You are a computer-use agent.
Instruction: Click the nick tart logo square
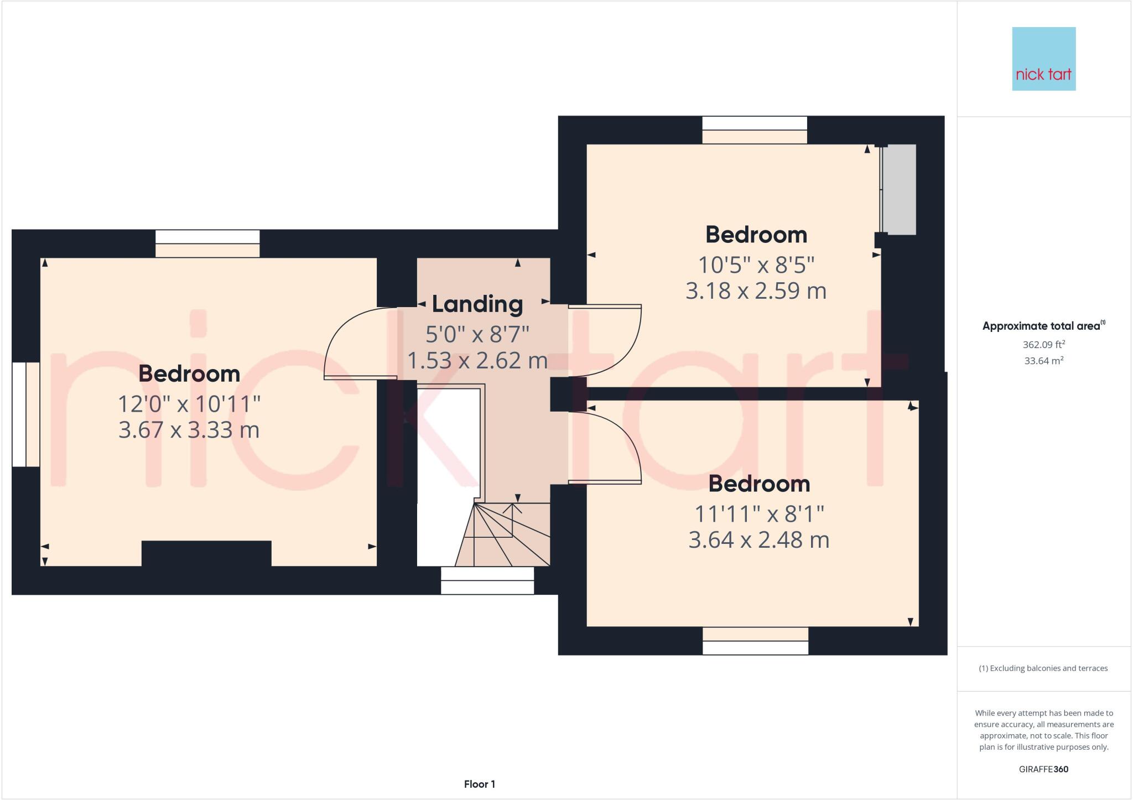pos(1043,59)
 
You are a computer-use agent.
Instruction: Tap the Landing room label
pos(477,304)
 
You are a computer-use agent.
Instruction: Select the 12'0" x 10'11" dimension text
pos(189,404)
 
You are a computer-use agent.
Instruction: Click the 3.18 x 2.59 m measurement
pos(756,291)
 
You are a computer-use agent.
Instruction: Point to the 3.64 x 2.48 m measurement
pos(758,540)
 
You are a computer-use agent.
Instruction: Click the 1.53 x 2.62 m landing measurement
pos(477,361)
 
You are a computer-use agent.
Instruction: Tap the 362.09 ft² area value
pos(1043,345)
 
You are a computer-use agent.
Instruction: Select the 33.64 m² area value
pos(1043,361)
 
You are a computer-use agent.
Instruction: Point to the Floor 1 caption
pos(479,784)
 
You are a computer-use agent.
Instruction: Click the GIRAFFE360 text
pos(1043,769)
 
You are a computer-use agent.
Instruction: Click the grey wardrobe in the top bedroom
pos(899,189)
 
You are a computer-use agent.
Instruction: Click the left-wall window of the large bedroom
pos(25,414)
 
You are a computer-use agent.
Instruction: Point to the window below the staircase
pos(487,580)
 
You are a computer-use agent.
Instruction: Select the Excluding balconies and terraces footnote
pos(1043,668)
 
